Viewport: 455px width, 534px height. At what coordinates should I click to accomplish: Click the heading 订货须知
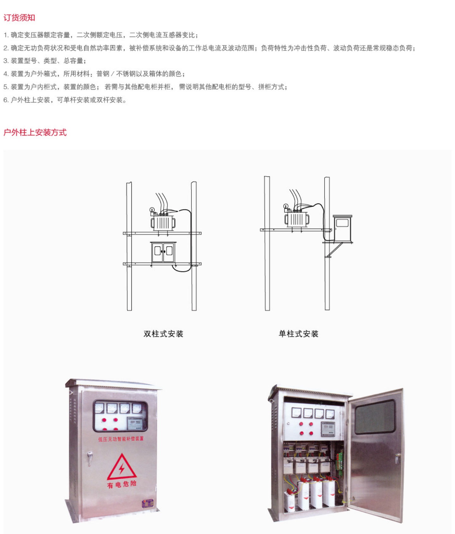19,18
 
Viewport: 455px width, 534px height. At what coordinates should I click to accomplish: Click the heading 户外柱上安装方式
35,133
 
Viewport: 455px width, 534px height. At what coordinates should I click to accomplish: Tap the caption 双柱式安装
163,334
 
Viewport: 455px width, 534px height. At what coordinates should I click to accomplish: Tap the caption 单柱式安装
298,334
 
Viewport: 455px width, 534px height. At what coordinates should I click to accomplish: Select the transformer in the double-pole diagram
163,222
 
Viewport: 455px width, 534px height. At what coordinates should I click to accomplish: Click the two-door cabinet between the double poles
163,252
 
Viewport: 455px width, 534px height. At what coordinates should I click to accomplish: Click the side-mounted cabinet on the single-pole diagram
343,228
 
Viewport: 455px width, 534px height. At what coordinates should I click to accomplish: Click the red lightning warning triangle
122,468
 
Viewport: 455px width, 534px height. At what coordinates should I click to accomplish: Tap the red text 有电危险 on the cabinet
122,484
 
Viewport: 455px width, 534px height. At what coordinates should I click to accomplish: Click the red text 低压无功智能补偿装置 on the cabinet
121,439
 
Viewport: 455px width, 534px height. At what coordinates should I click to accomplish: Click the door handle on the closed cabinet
90,458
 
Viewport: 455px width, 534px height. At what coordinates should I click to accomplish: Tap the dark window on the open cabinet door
375,417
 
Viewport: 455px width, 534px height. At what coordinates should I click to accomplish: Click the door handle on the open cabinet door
397,457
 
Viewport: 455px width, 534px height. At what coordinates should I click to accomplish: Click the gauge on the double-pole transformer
152,209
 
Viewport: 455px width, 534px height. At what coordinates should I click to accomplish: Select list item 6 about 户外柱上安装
65,100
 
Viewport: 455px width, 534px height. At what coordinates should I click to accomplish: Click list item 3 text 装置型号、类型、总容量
45,61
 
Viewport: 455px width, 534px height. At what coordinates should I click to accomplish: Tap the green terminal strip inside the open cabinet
340,462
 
